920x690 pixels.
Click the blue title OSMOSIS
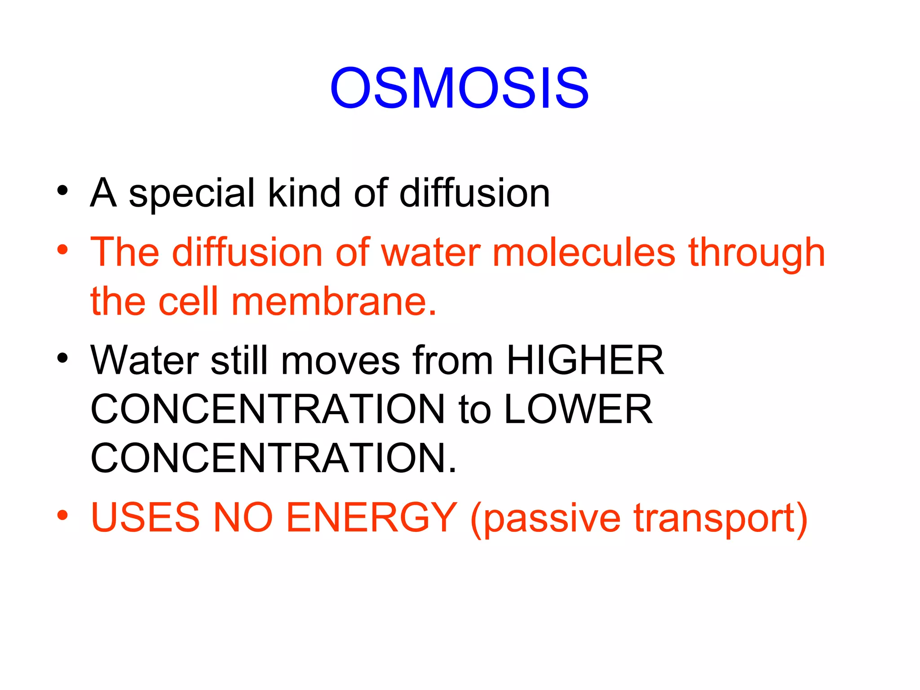(459, 88)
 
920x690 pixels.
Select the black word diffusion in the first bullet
(475, 193)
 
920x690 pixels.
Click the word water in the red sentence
(431, 253)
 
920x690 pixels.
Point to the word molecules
(584, 253)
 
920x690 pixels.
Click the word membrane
(333, 301)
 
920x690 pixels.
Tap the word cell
(188, 301)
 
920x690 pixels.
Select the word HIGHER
(585, 360)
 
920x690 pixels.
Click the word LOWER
(578, 409)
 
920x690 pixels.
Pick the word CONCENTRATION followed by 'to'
(268, 409)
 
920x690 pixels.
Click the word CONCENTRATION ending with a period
(273, 458)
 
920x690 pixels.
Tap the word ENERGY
(372, 517)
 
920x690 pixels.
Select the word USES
(145, 517)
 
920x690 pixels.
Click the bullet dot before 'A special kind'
(62, 190)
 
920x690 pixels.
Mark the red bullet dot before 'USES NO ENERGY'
(62, 515)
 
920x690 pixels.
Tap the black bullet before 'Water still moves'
(62, 358)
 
